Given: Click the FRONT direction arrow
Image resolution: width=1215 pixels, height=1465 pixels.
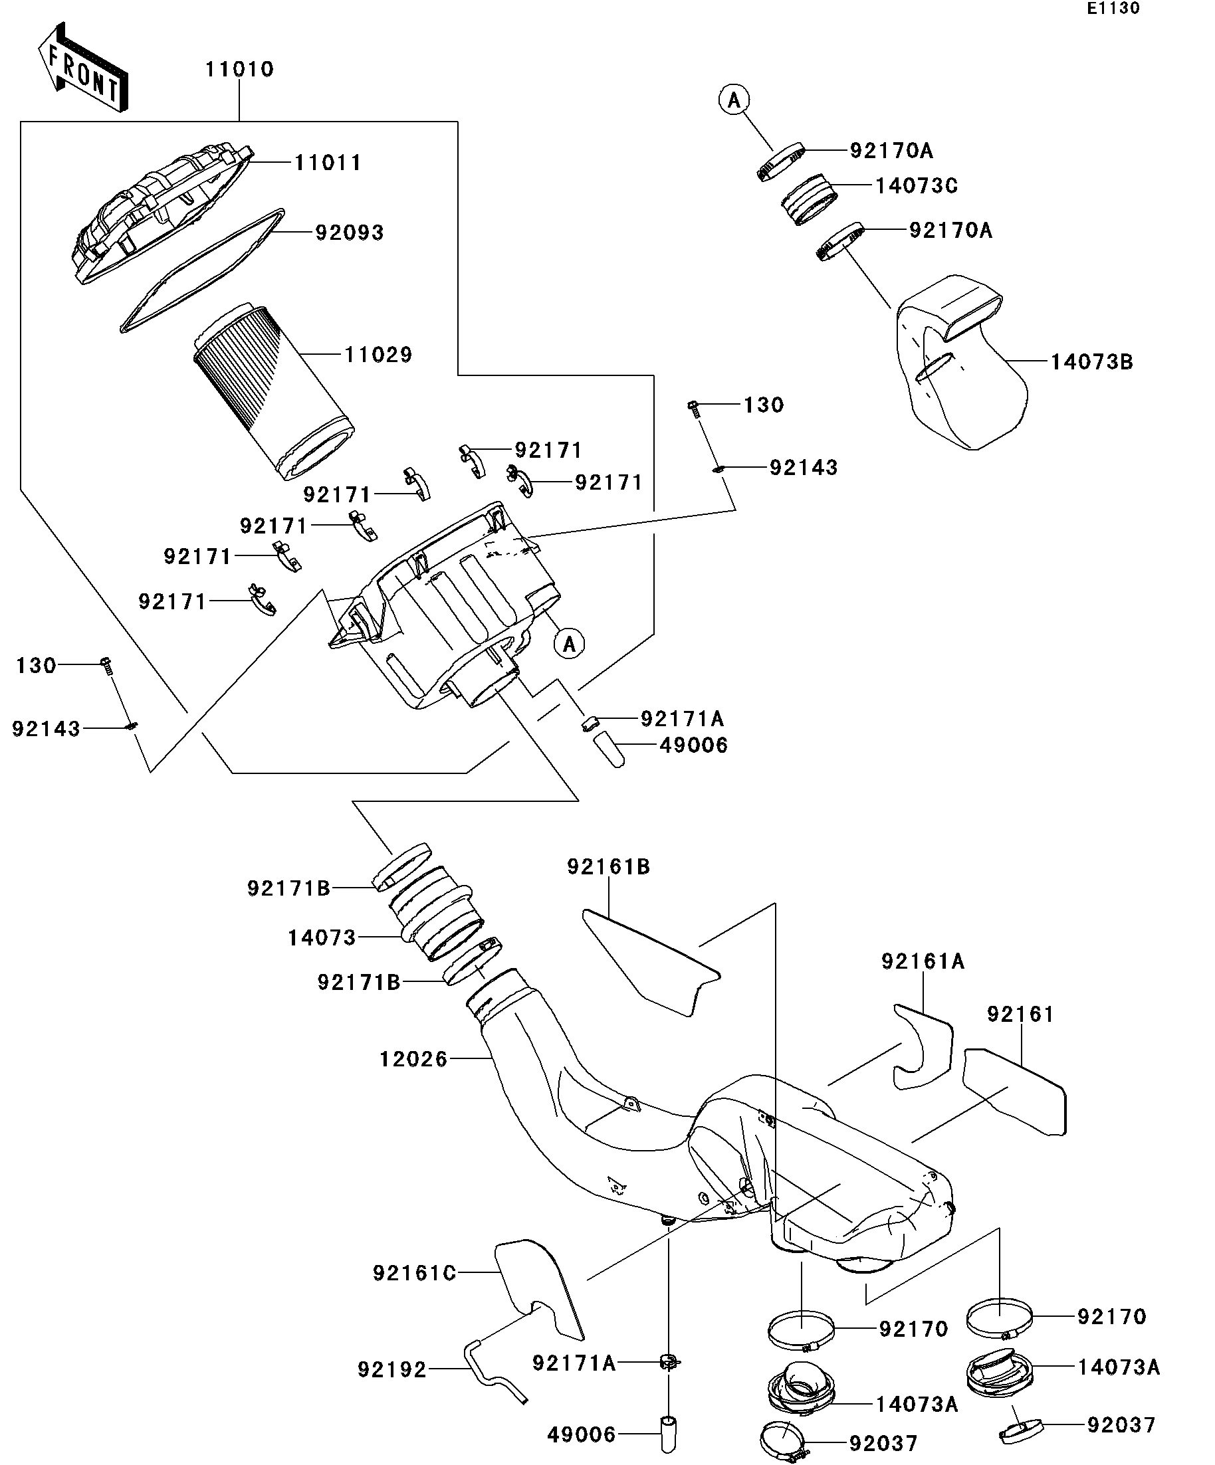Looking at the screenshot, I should (x=82, y=67).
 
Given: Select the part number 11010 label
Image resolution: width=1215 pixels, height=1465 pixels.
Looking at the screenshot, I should (x=239, y=69).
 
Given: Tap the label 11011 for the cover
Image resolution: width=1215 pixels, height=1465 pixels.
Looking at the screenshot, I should (x=328, y=163).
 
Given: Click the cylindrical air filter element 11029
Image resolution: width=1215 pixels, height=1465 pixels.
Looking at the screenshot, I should (x=272, y=391).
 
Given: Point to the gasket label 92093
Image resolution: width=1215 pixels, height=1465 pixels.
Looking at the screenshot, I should (x=350, y=233).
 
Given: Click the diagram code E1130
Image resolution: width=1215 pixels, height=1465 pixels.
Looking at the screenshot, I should (x=1113, y=9).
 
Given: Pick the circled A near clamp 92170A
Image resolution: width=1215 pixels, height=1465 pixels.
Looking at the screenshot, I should (x=734, y=100).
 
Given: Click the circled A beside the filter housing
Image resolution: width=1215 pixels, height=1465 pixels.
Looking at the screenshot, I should (x=570, y=643).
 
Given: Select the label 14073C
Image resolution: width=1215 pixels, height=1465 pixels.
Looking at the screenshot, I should (x=917, y=185).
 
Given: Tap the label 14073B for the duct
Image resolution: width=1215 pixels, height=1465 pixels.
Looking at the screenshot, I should (x=1091, y=362).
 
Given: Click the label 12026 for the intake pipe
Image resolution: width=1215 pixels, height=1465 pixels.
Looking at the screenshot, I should (x=413, y=1059).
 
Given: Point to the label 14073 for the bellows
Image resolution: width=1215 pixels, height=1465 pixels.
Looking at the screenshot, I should (x=322, y=937).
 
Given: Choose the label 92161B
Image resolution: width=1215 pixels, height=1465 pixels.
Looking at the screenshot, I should (x=609, y=866).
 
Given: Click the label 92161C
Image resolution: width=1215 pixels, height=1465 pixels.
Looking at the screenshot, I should (x=414, y=1273).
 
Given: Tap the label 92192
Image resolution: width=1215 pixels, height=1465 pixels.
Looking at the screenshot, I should (x=391, y=1369).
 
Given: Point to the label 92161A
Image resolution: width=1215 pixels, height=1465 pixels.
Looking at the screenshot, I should (x=923, y=961).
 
